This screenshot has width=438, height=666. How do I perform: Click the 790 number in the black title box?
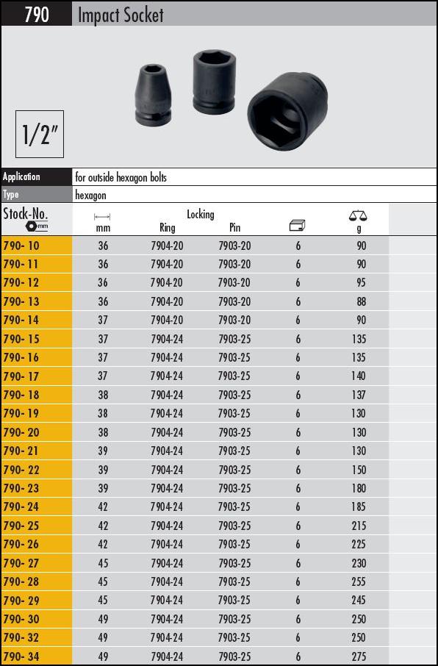(x=37, y=15)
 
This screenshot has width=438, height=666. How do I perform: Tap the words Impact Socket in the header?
(x=121, y=15)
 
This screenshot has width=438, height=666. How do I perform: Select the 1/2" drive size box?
(x=40, y=134)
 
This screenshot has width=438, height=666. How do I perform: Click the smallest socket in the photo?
(x=153, y=94)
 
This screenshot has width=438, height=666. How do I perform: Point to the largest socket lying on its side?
(x=287, y=111)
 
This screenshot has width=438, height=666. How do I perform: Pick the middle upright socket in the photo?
(x=214, y=82)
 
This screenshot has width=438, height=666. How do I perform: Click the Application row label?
(x=21, y=176)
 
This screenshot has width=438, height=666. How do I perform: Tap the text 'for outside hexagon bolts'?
(x=121, y=178)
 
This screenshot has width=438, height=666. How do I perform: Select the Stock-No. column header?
(x=26, y=218)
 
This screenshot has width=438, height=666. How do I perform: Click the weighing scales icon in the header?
(x=358, y=216)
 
